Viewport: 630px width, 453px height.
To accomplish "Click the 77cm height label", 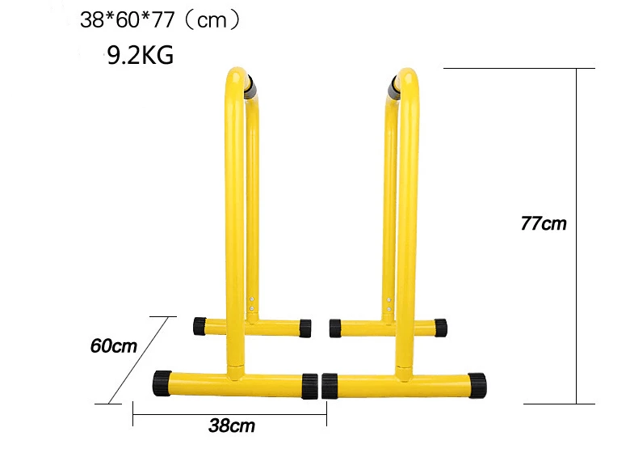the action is click(544, 223).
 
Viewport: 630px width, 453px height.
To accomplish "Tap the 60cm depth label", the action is click(114, 346).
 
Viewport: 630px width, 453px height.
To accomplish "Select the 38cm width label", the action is click(232, 425).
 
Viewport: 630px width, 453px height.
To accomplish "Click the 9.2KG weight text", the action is click(141, 55).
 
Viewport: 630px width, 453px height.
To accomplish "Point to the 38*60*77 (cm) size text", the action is click(160, 19).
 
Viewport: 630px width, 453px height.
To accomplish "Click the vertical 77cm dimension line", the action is click(577, 235).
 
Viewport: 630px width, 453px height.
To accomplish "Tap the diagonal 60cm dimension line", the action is click(138, 360).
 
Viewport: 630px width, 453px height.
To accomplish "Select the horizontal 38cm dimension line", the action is click(229, 414).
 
